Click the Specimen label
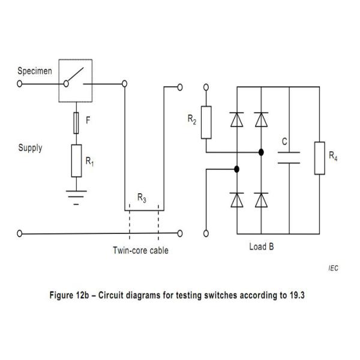(x=35, y=71)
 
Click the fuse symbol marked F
(x=76, y=123)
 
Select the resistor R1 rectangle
(x=76, y=161)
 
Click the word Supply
(x=31, y=148)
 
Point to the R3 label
(x=142, y=197)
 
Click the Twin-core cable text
(x=140, y=250)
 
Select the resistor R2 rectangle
(x=206, y=122)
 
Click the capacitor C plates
(x=289, y=158)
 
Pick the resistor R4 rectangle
(x=320, y=158)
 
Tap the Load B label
(x=262, y=247)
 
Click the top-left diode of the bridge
(x=237, y=119)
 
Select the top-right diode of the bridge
(x=261, y=119)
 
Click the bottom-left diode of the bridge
(x=237, y=200)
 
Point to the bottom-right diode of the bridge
(x=261, y=200)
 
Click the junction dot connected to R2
(x=261, y=152)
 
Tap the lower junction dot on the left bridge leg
(x=237, y=169)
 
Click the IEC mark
(x=334, y=268)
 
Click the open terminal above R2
(x=206, y=87)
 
